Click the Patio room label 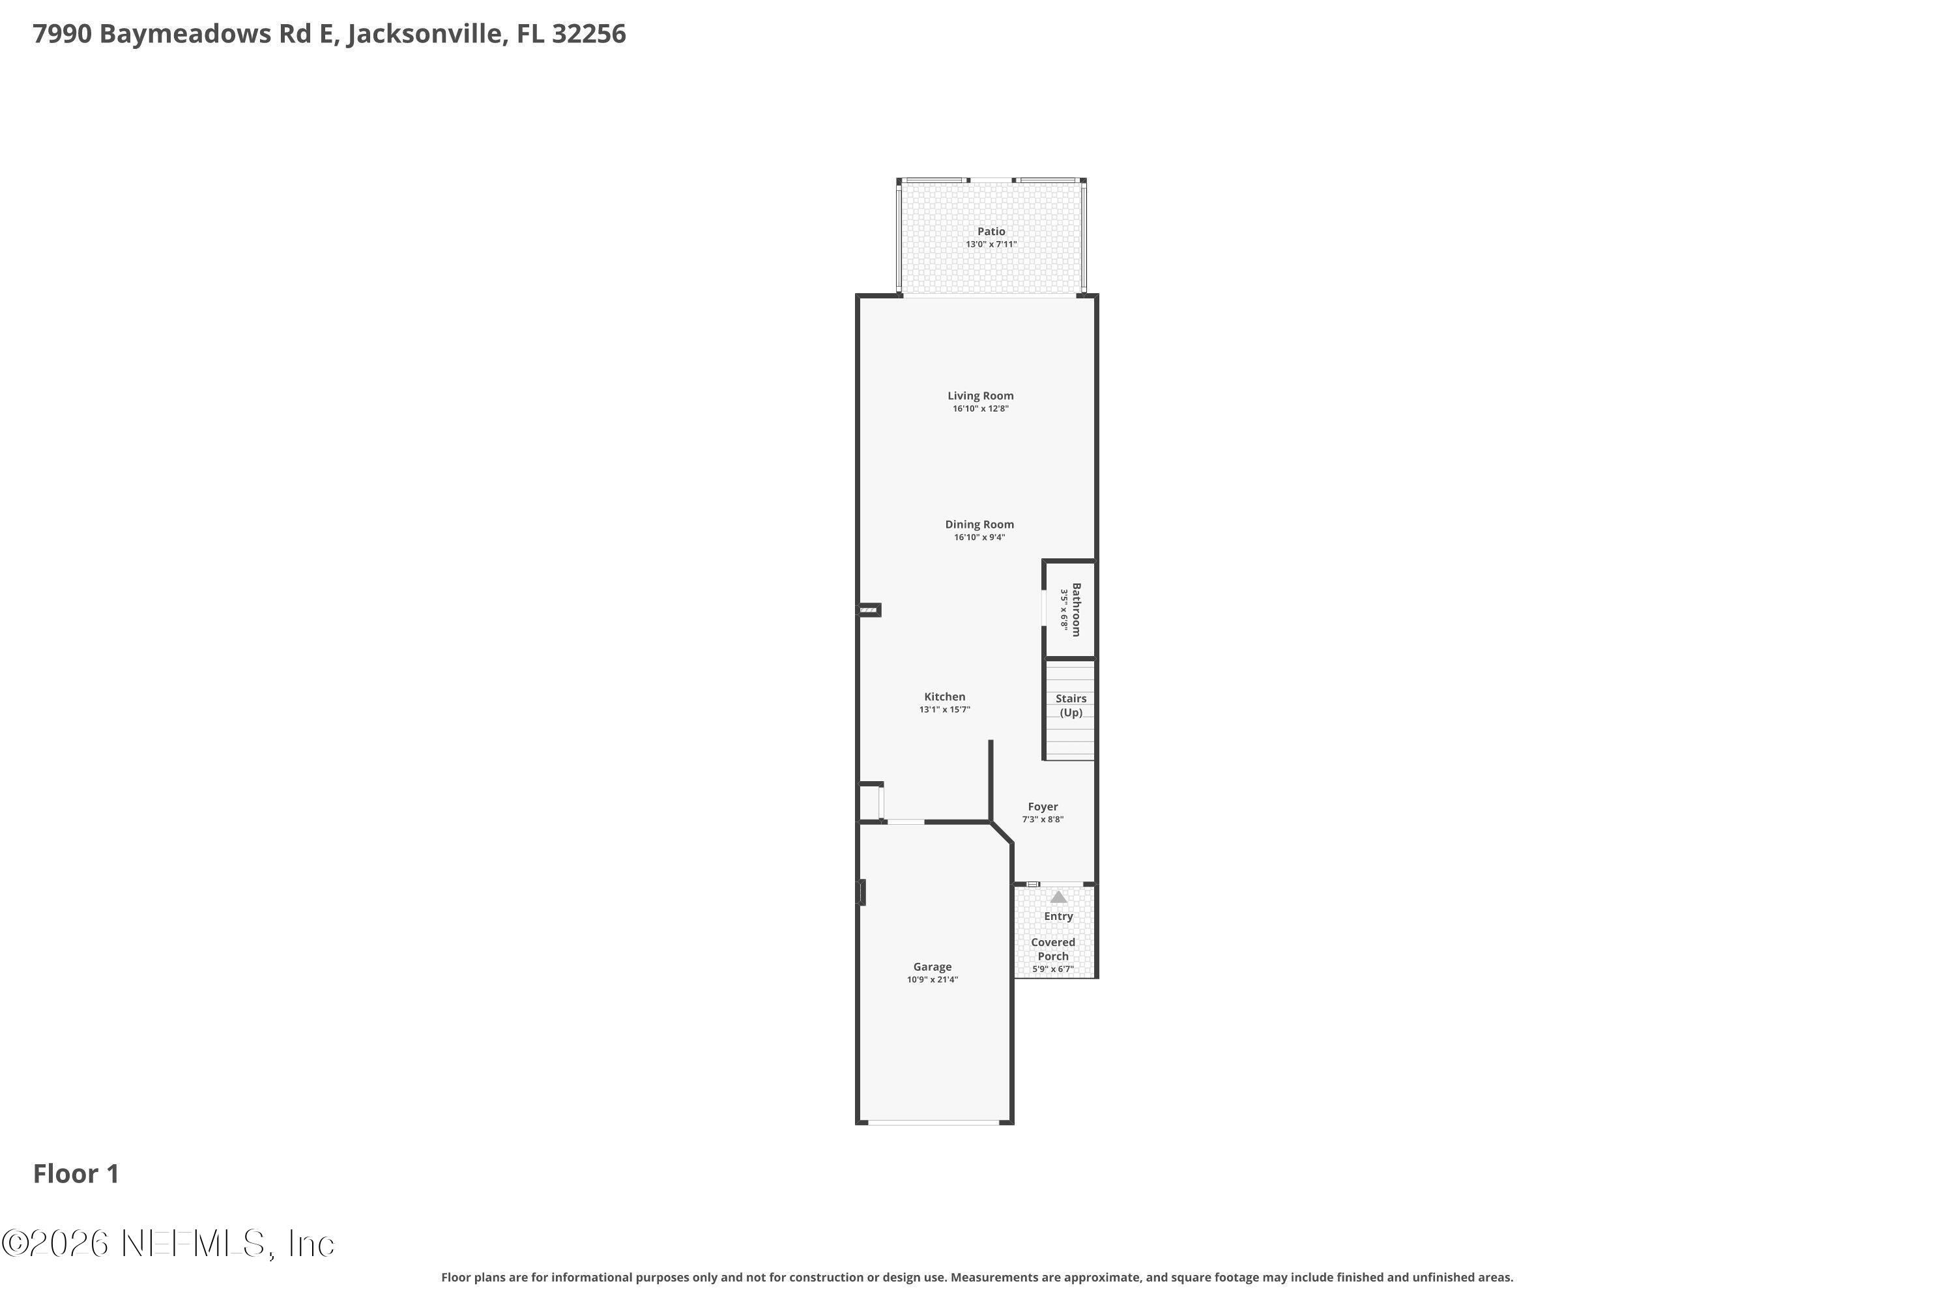tap(991, 231)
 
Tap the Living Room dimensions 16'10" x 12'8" tap(980, 409)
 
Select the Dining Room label tap(979, 524)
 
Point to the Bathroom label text tap(1077, 609)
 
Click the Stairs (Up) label tap(1071, 706)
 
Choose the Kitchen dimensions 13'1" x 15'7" tap(944, 709)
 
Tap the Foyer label tap(1042, 806)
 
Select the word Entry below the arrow tap(1058, 916)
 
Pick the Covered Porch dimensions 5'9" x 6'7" tap(1053, 969)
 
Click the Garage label tap(932, 966)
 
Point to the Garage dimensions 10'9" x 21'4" tap(932, 980)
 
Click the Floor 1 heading tap(76, 1173)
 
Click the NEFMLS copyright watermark tap(168, 1244)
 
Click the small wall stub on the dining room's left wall tap(869, 610)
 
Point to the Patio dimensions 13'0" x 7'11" tap(991, 244)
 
